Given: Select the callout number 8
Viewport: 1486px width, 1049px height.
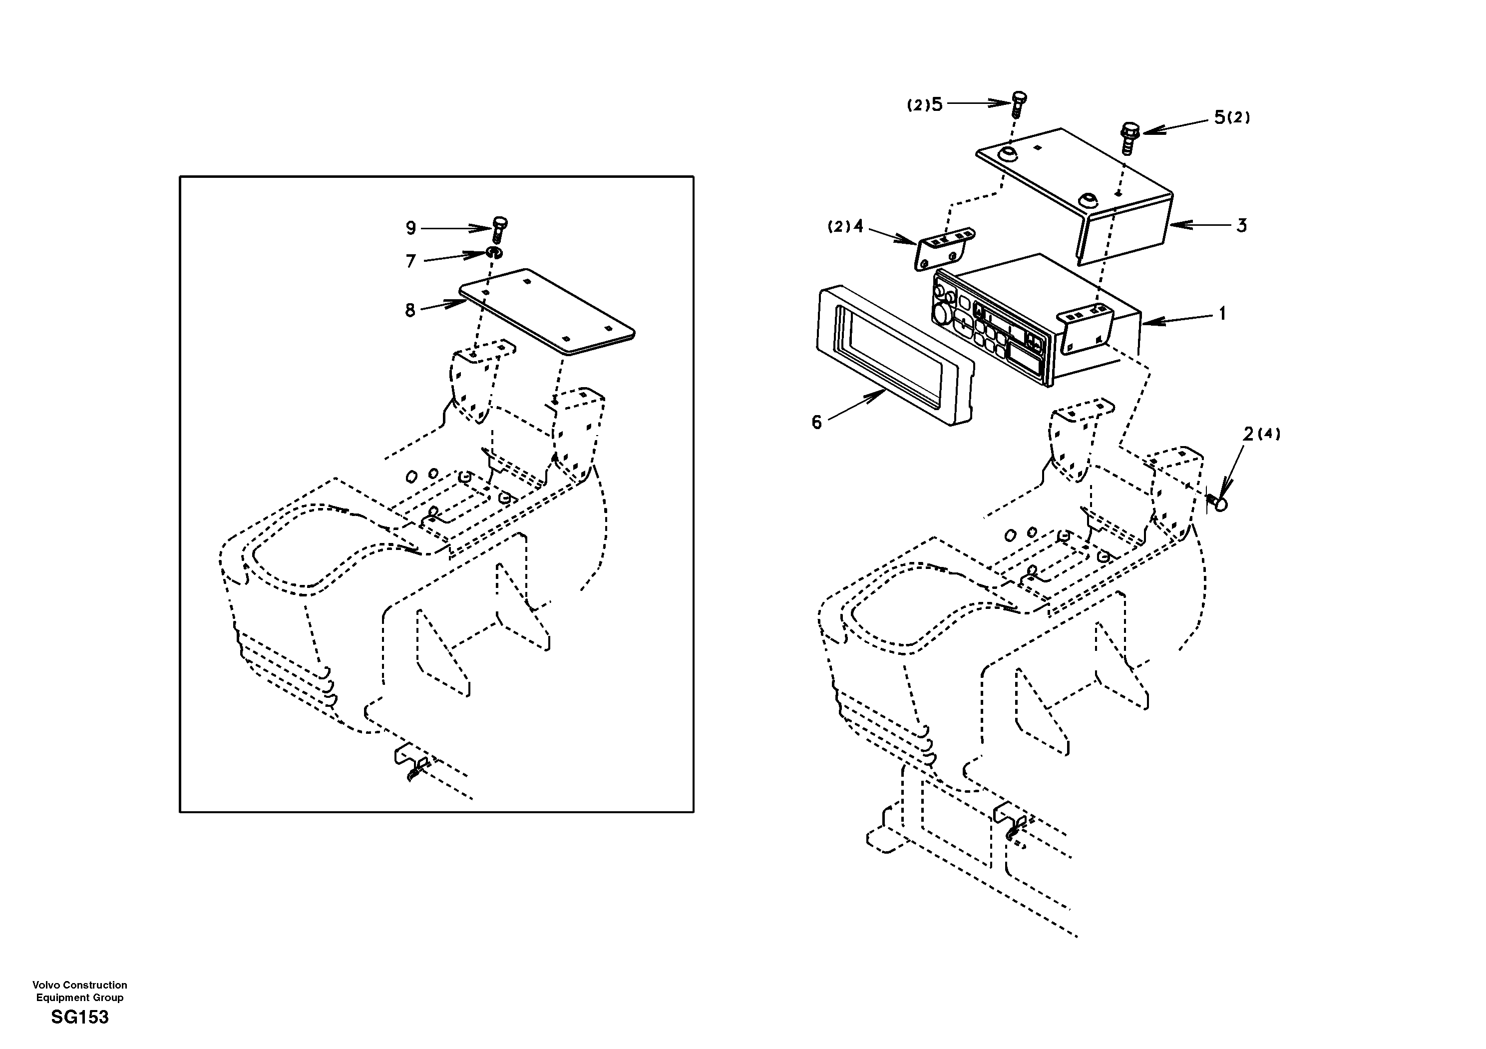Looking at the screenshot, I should (x=409, y=311).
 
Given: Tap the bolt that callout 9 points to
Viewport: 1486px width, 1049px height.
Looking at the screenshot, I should (x=499, y=229).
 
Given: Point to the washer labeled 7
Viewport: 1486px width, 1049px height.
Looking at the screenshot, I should (x=494, y=252).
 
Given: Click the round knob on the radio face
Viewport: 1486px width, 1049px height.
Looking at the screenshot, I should (x=941, y=315).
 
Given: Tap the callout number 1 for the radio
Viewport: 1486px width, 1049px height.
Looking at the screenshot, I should (x=1222, y=314).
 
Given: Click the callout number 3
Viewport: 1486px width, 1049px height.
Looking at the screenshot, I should (x=1241, y=226).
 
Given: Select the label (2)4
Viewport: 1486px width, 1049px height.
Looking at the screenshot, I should (x=845, y=227).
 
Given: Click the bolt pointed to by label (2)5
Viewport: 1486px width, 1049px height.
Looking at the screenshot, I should (x=1019, y=103).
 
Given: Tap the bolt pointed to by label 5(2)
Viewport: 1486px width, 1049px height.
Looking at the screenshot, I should (x=1129, y=137).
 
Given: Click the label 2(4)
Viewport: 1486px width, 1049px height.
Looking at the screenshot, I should (x=1261, y=434).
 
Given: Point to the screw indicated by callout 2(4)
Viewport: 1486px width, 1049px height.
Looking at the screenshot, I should (x=1218, y=502).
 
